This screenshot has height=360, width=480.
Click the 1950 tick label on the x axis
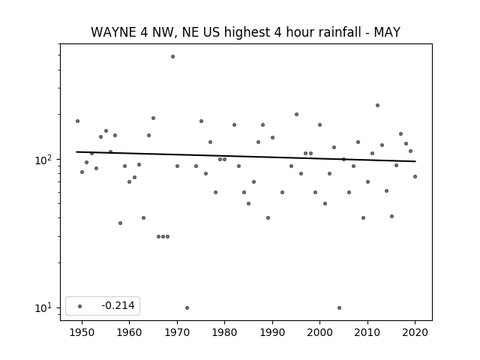82,332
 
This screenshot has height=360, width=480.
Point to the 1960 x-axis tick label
129,332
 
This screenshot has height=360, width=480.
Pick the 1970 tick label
177,332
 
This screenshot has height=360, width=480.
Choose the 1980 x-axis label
224,332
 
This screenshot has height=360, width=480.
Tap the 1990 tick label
272,332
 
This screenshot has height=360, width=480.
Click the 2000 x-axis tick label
319,332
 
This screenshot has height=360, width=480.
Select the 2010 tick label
367,332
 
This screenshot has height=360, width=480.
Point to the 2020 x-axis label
415,332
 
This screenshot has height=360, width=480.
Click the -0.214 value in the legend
118,305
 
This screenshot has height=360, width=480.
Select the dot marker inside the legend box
80,306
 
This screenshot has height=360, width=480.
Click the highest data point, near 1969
172,57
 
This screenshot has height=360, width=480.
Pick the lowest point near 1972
187,307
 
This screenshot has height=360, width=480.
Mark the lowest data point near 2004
339,307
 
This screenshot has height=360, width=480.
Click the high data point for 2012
377,105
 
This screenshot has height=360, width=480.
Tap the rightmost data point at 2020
415,177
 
